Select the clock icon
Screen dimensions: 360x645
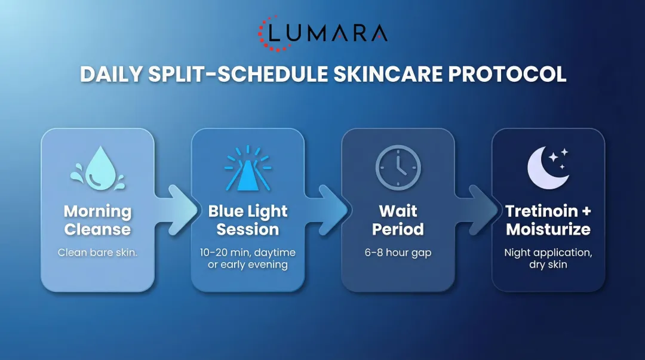tap(398, 168)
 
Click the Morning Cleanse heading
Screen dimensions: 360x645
tap(97, 220)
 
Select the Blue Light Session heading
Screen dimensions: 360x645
tap(247, 220)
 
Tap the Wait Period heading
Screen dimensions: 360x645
tap(398, 220)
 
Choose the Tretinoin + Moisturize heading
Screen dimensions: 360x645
tap(548, 220)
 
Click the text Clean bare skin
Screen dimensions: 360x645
tap(97, 253)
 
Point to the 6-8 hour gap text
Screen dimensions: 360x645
tap(398, 253)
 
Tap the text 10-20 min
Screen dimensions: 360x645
tap(222, 253)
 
